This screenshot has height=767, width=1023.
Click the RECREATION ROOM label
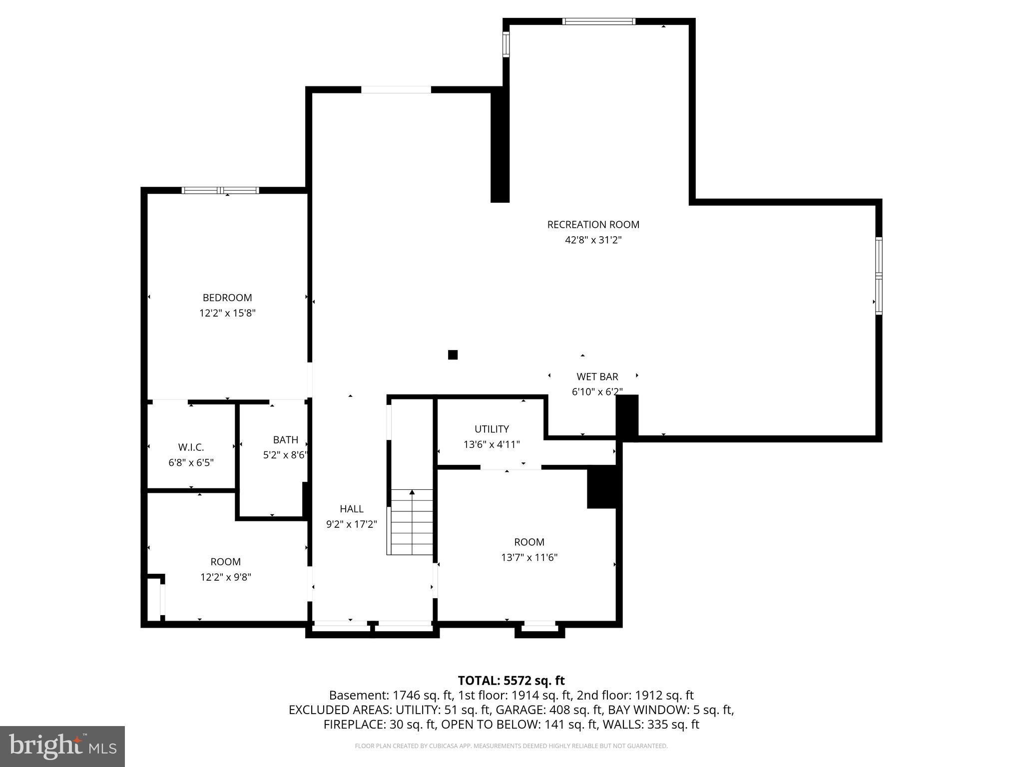tap(593, 225)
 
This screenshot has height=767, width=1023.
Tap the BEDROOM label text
tap(227, 298)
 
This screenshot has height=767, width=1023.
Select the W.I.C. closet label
tap(191, 447)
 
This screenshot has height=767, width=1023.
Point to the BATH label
tap(285, 440)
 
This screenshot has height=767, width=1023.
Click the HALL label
tap(352, 509)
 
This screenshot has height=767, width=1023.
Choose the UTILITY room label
tap(492, 429)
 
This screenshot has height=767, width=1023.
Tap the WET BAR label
tap(597, 377)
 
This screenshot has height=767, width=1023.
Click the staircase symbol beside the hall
tap(412, 522)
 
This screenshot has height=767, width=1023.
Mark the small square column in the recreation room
tap(453, 355)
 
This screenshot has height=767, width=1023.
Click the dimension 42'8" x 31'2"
tap(593, 240)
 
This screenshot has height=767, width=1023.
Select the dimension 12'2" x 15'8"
tap(227, 313)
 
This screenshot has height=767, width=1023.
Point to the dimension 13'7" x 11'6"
tap(529, 557)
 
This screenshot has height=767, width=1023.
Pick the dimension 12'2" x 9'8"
tap(225, 577)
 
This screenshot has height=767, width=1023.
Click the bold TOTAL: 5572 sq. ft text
tap(511, 681)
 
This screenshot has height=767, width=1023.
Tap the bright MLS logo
tap(62, 746)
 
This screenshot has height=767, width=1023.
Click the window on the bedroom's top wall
tap(220, 190)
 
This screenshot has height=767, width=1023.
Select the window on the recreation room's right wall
tap(879, 276)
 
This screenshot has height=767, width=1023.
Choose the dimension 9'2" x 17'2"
tap(352, 524)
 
